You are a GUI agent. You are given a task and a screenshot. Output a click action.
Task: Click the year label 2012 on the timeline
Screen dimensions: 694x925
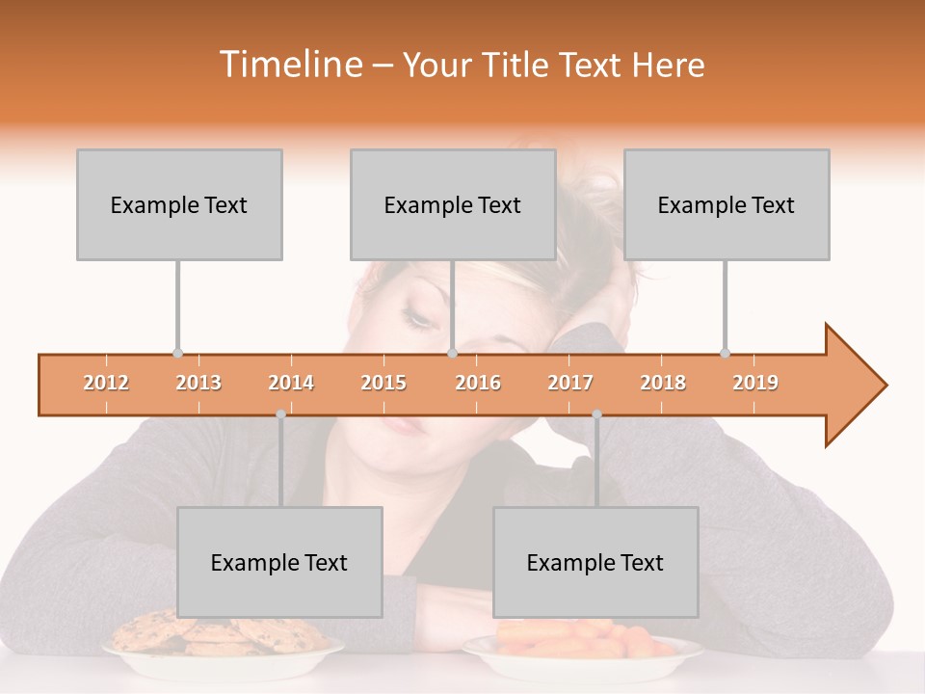coord(106,383)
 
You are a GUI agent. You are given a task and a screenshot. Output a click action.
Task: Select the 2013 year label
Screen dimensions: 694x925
coord(198,383)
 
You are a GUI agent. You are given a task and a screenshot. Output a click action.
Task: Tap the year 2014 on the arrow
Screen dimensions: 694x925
coord(291,383)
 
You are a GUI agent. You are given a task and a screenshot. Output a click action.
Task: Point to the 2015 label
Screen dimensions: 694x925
coord(383,383)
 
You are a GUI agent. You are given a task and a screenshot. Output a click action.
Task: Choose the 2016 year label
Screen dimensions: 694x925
coord(478,383)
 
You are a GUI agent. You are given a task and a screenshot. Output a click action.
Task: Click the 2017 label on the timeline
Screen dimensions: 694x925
coord(570,383)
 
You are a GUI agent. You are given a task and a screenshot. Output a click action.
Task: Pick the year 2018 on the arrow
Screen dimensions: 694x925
coord(663,383)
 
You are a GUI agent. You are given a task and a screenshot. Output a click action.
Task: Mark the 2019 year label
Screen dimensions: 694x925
coord(755,383)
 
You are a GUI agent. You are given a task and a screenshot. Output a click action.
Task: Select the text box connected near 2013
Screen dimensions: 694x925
coord(179,204)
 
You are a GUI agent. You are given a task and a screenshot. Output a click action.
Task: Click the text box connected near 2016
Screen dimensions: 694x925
coord(453,204)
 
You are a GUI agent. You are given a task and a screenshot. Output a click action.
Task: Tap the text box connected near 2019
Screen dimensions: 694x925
coord(727,204)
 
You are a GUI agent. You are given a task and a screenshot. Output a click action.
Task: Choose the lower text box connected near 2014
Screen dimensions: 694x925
coord(279,562)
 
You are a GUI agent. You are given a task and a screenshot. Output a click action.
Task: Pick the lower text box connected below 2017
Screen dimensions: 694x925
coord(595,562)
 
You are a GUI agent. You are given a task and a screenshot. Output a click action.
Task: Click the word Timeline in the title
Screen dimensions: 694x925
coord(290,65)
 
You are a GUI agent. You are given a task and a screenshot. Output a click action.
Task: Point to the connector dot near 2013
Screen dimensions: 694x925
coord(177,353)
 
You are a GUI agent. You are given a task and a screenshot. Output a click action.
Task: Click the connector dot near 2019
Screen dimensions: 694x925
coord(725,353)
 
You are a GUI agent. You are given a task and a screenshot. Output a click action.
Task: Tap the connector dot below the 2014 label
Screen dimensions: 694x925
coord(280,414)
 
